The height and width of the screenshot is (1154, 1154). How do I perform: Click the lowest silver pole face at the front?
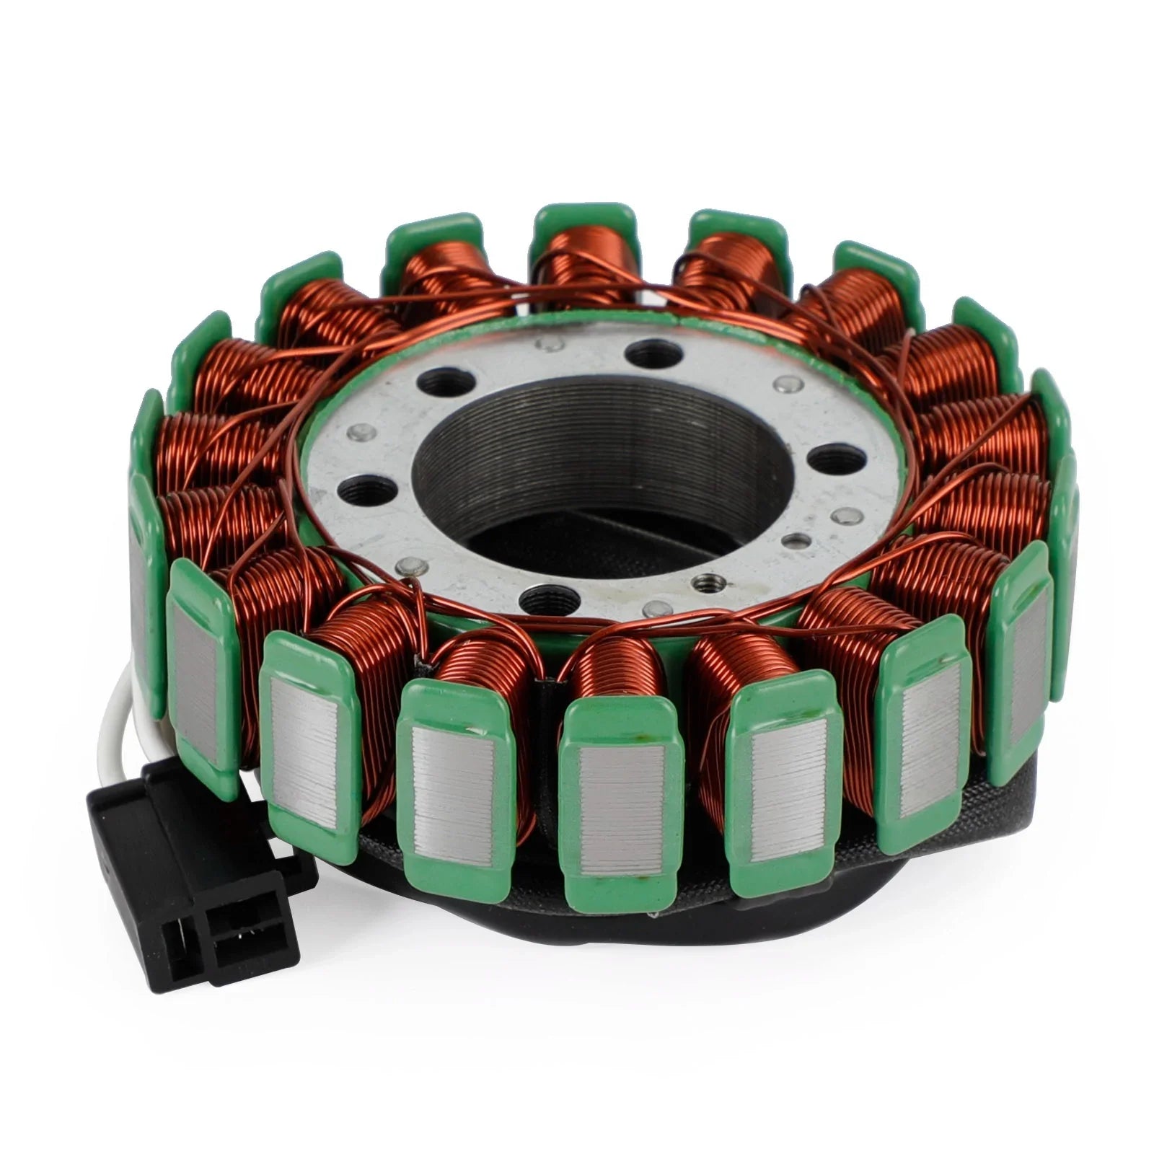(622, 798)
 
